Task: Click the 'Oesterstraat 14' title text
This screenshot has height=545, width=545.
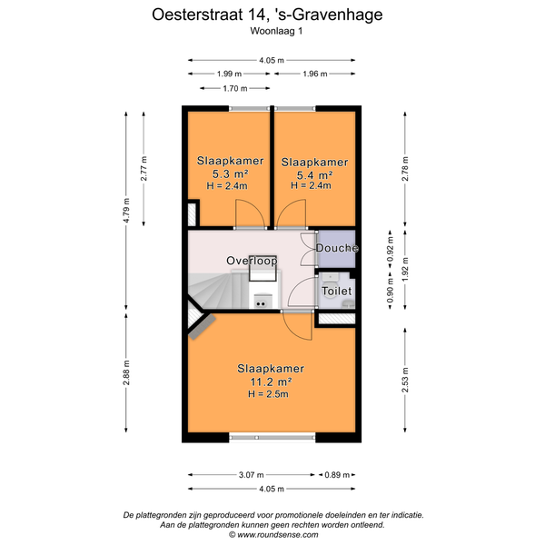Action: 205,15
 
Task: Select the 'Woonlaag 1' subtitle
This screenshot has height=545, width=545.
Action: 276,31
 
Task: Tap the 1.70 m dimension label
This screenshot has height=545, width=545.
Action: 235,88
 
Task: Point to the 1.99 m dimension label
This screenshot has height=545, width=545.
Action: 230,74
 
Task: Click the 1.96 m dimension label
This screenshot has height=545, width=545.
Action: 315,74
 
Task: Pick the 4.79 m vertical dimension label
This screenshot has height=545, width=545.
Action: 126,211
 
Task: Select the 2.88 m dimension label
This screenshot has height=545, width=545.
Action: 126,372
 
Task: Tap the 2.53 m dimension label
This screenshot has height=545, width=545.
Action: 405,380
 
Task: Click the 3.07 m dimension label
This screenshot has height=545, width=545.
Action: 252,474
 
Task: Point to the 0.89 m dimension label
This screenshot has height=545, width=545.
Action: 337,474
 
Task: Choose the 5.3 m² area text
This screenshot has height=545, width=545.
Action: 230,173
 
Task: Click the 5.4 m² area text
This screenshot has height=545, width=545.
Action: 314,174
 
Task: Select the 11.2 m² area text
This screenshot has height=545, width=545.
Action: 271,381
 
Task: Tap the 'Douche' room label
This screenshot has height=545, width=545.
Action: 337,248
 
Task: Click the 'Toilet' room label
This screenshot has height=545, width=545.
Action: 337,291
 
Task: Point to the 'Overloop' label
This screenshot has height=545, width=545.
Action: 252,261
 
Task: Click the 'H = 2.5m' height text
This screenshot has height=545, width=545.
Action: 268,394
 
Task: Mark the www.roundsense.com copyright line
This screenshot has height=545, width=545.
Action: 273,535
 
